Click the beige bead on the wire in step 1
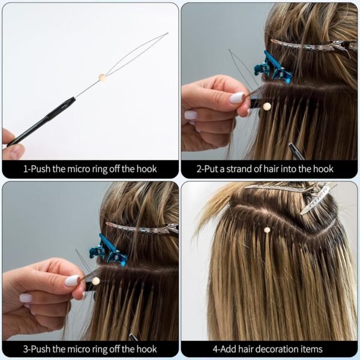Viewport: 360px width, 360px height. (103, 78)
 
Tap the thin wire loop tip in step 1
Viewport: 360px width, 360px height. (166, 34)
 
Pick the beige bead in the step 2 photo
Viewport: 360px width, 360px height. (266, 106)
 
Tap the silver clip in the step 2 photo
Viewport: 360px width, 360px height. (312, 45)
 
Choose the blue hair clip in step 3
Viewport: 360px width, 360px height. (109, 251)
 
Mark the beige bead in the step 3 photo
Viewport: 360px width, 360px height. (95, 281)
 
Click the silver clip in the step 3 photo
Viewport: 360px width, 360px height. (144, 229)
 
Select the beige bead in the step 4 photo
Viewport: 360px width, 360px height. (266, 229)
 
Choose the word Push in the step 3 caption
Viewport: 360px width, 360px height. (40, 349)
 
